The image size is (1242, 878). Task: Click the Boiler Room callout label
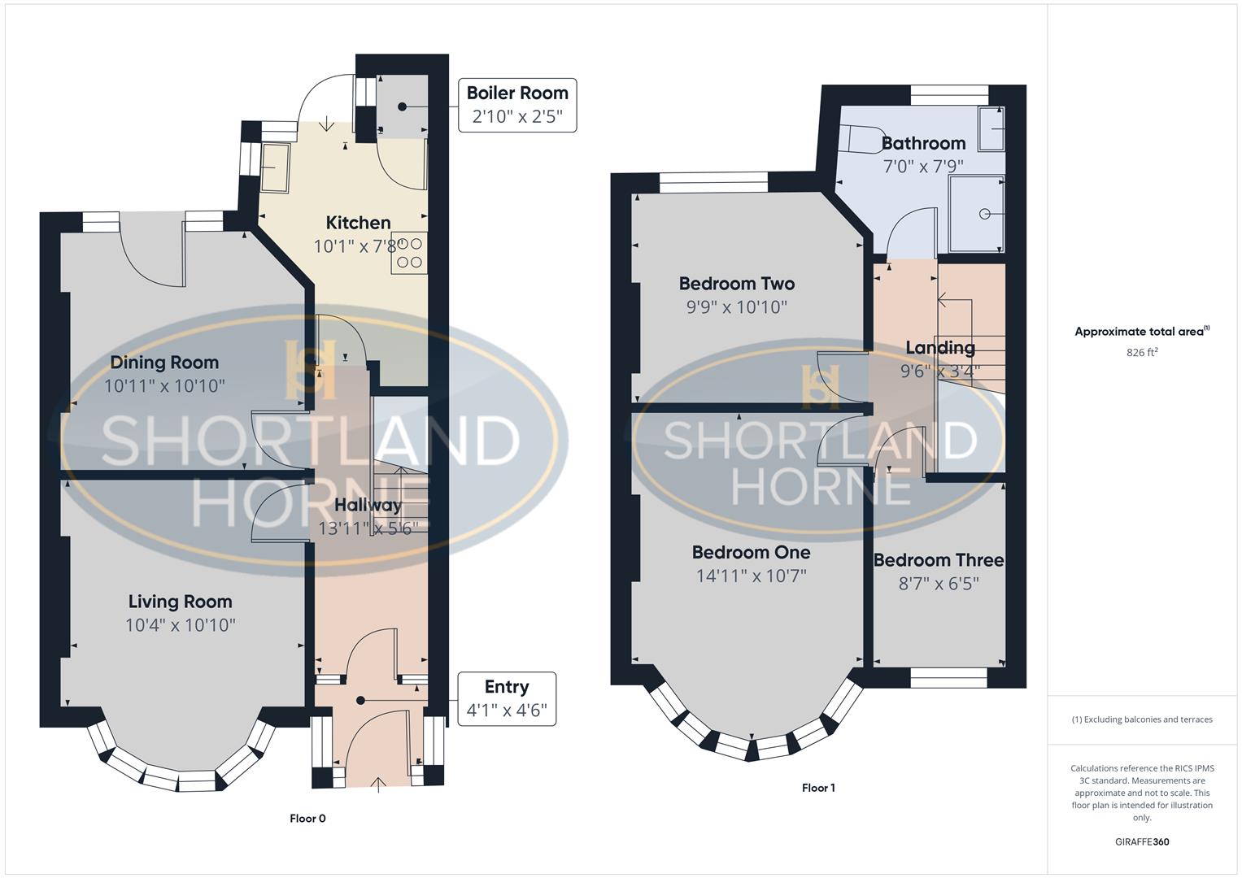click(517, 93)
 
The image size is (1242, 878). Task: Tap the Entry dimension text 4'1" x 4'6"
click(507, 710)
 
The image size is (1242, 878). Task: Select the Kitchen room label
click(358, 223)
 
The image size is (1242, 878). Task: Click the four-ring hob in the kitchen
click(409, 253)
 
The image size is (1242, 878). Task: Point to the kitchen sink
click(275, 168)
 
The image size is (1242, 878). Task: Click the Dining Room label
click(164, 363)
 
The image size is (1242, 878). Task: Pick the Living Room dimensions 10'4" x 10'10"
click(181, 625)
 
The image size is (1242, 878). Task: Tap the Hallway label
click(368, 505)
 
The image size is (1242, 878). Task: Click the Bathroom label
click(923, 143)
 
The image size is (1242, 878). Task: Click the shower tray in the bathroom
click(976, 214)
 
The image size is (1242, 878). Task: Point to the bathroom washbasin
click(991, 128)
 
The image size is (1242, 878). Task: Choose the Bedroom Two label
click(737, 284)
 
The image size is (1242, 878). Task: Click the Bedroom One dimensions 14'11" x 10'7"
click(751, 576)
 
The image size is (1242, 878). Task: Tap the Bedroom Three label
click(939, 560)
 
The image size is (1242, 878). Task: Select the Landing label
click(940, 348)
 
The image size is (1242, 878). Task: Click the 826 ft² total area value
click(1142, 352)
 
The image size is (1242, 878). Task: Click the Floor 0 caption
click(307, 819)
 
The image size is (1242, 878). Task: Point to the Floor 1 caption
click(818, 788)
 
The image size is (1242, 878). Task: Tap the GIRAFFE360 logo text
click(1141, 841)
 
